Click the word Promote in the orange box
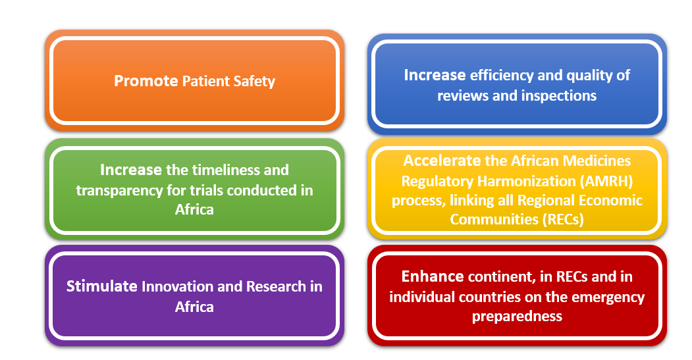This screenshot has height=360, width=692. click(x=146, y=81)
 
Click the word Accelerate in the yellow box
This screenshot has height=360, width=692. click(x=442, y=161)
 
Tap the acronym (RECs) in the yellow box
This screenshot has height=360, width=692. click(x=563, y=219)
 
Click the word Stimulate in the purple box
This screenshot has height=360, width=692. click(x=102, y=286)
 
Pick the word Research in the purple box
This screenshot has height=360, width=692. click(x=276, y=287)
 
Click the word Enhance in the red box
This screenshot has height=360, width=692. click(x=433, y=276)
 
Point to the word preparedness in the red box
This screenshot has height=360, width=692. click(x=518, y=317)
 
